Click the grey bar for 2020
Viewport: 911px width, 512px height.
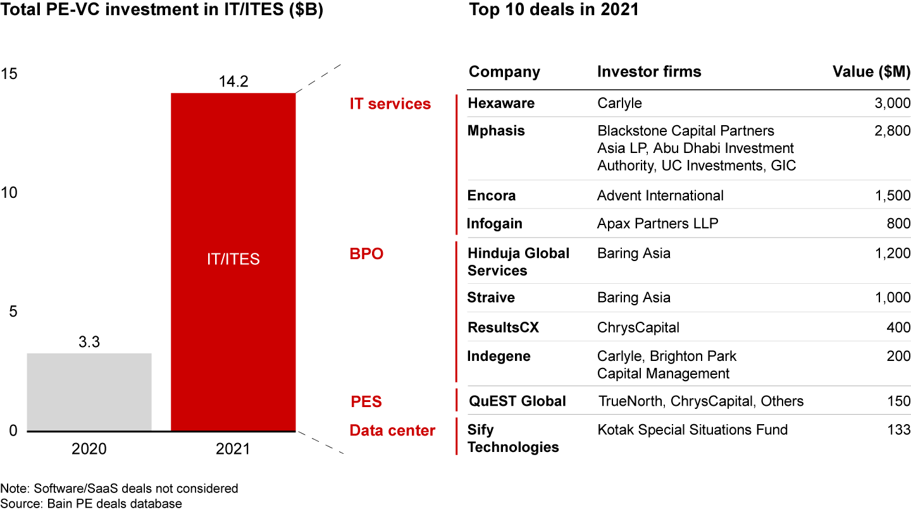click(x=89, y=392)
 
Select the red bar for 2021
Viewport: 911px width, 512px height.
click(x=233, y=190)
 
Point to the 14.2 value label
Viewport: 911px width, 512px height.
click(x=233, y=82)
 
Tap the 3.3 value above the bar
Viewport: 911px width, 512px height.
click(x=89, y=343)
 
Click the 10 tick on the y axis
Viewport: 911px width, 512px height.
click(x=9, y=193)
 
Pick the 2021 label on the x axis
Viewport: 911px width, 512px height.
click(x=233, y=449)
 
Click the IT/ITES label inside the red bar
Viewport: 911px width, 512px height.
click(x=233, y=259)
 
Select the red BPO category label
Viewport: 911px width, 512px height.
click(x=366, y=254)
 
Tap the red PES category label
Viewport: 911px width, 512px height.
click(x=366, y=401)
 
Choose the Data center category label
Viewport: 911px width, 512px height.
click(x=392, y=431)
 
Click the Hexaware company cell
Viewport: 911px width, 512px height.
click(x=500, y=104)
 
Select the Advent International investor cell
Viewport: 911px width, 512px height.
click(x=660, y=195)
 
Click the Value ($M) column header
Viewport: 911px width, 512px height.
click(x=871, y=72)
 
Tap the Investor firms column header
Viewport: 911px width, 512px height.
click(x=649, y=72)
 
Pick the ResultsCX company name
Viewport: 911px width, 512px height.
click(x=503, y=327)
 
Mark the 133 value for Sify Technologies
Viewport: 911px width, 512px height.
click(x=898, y=430)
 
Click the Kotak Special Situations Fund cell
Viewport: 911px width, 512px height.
click(x=692, y=430)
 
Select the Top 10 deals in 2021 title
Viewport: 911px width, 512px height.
click(x=554, y=11)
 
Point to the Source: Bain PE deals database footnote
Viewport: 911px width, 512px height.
click(x=91, y=504)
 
